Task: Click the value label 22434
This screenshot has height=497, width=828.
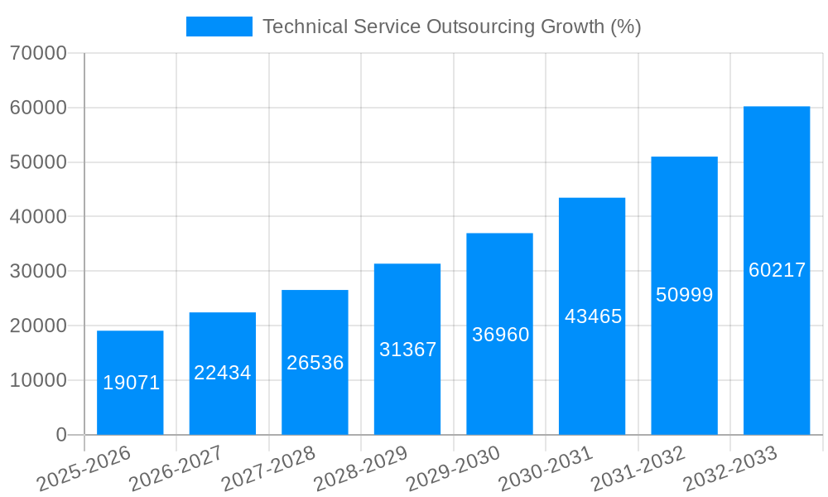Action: [223, 373]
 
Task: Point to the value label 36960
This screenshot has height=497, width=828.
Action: [500, 335]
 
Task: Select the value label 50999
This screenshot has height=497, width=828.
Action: [684, 295]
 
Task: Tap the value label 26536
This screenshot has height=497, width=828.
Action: [315, 363]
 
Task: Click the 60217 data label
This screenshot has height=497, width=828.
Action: [776, 270]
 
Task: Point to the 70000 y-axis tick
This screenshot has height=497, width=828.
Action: [37, 53]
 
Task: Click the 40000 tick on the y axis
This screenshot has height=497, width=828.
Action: [37, 217]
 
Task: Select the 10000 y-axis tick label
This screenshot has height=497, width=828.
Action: [37, 380]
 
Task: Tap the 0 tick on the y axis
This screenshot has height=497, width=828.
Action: [60, 435]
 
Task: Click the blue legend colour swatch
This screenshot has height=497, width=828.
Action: [219, 27]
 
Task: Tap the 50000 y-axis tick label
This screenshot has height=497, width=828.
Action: [37, 162]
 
